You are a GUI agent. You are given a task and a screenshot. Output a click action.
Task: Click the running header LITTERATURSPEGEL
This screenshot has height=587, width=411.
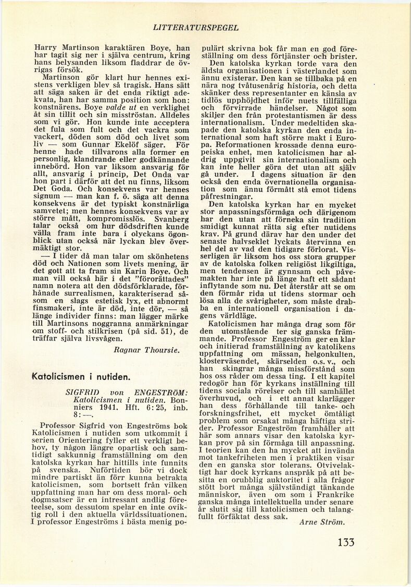(x=196, y=27)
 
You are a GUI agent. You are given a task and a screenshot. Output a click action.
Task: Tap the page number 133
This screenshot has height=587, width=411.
(x=346, y=542)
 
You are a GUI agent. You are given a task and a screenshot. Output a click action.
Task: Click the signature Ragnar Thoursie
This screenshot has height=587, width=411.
(x=147, y=350)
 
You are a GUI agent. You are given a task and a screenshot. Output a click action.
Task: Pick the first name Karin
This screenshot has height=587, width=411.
(x=146, y=270)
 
